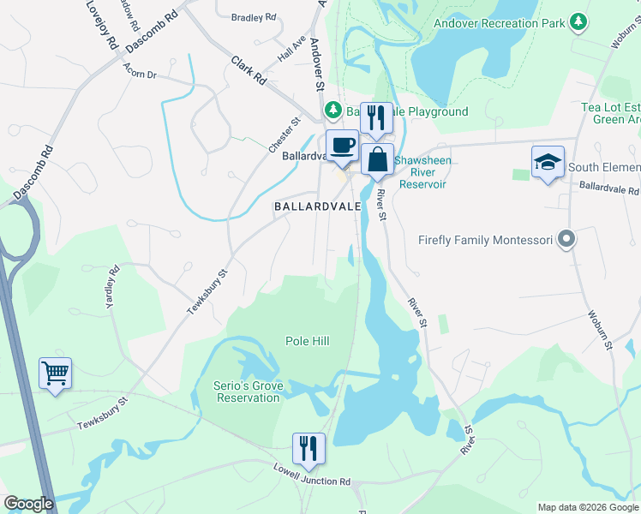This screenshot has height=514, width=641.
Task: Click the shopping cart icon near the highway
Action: coord(55,374)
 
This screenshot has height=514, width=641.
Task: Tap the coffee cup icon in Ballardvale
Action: coord(342,146)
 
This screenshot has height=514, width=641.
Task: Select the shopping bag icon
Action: coord(377,159)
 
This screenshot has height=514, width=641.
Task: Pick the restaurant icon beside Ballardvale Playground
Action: coord(375,118)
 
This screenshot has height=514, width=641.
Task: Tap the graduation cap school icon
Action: coord(548,163)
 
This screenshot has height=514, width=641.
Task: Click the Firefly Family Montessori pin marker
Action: coord(565,241)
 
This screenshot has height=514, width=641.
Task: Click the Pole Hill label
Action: coord(308,341)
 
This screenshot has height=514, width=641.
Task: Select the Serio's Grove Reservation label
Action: coord(249,391)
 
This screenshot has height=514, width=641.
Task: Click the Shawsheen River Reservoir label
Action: coord(420,171)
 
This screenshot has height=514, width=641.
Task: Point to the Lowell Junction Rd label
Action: coord(312,475)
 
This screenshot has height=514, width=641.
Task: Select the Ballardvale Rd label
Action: coord(608,187)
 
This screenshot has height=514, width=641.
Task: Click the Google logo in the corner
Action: coord(28,504)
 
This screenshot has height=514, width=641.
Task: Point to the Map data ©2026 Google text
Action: coord(587,507)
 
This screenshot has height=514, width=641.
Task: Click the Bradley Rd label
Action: coord(254,16)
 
